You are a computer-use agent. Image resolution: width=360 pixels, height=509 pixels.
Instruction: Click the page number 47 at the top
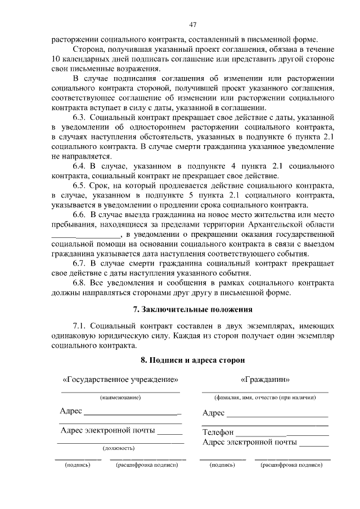pos(193,24)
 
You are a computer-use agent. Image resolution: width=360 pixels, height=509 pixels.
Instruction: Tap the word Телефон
pos(217,433)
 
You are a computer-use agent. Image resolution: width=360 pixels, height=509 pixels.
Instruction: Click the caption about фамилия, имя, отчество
pos(264,397)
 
